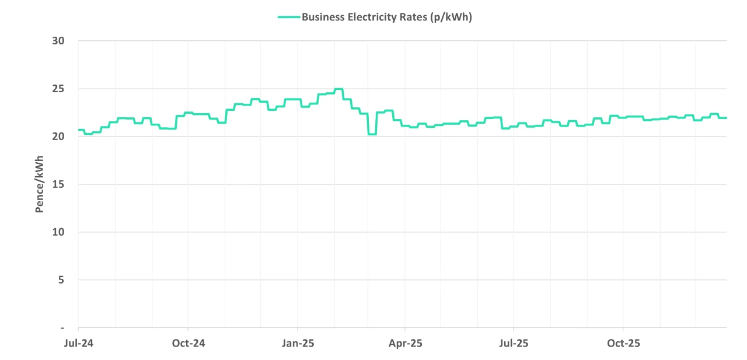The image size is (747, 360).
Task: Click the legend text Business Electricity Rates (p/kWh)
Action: (386, 17)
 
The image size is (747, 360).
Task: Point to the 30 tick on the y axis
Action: (58, 41)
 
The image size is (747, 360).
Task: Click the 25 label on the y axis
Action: (58, 89)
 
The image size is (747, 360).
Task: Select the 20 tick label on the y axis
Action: (58, 137)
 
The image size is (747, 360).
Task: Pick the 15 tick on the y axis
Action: (58, 184)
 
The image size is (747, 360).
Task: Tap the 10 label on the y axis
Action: (58, 232)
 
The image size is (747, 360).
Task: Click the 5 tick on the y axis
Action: (61, 280)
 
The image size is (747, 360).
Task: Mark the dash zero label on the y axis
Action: (62, 328)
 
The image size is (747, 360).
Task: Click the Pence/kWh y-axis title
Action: (40, 184)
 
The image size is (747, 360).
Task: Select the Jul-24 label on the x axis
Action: (78, 343)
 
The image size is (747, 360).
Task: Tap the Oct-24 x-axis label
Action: (189, 343)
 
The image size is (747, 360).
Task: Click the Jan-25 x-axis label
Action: (298, 343)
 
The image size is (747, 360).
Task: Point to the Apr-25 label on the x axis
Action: (406, 343)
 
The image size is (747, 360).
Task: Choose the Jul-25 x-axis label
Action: (514, 343)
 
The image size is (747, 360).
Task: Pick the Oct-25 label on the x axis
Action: (623, 343)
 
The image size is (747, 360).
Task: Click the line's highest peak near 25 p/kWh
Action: (338, 89)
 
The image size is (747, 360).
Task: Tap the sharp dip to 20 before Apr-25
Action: (372, 134)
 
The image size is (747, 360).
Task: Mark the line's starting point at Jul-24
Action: (79, 130)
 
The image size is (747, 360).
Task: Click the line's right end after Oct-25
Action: (725, 118)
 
